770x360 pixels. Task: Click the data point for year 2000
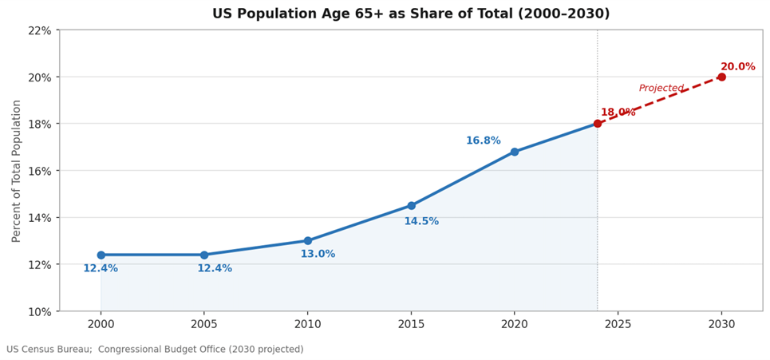click(x=101, y=255)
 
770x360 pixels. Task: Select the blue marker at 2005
click(x=204, y=255)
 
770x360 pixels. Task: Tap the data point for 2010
click(x=308, y=240)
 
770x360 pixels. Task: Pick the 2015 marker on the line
click(x=411, y=205)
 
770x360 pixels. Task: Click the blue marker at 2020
click(x=515, y=152)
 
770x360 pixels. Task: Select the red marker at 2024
click(x=598, y=124)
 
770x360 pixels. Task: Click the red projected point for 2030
click(x=721, y=77)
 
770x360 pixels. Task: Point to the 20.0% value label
click(x=737, y=67)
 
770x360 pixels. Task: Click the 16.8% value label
click(x=483, y=140)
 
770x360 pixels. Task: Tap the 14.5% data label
click(x=421, y=221)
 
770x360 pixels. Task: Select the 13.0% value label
click(x=318, y=254)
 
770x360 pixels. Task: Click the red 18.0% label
click(x=618, y=113)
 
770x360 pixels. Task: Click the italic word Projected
click(x=661, y=89)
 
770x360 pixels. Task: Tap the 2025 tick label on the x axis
click(x=618, y=324)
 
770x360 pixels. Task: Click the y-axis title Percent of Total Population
click(x=17, y=171)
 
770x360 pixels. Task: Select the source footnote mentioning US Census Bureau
click(x=155, y=350)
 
